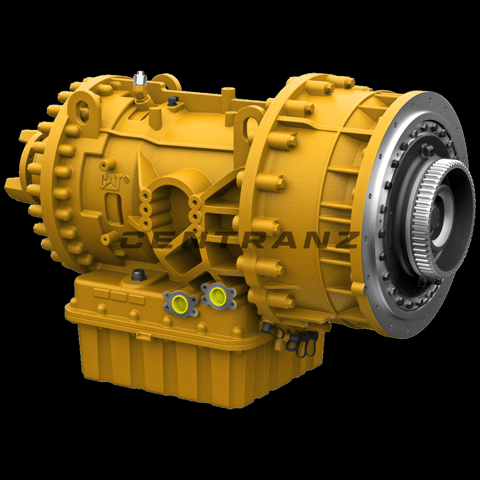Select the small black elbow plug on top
click(x=172, y=100)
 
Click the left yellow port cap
click(x=180, y=302)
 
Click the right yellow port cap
click(x=217, y=295)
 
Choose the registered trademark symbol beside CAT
click(x=125, y=178)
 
